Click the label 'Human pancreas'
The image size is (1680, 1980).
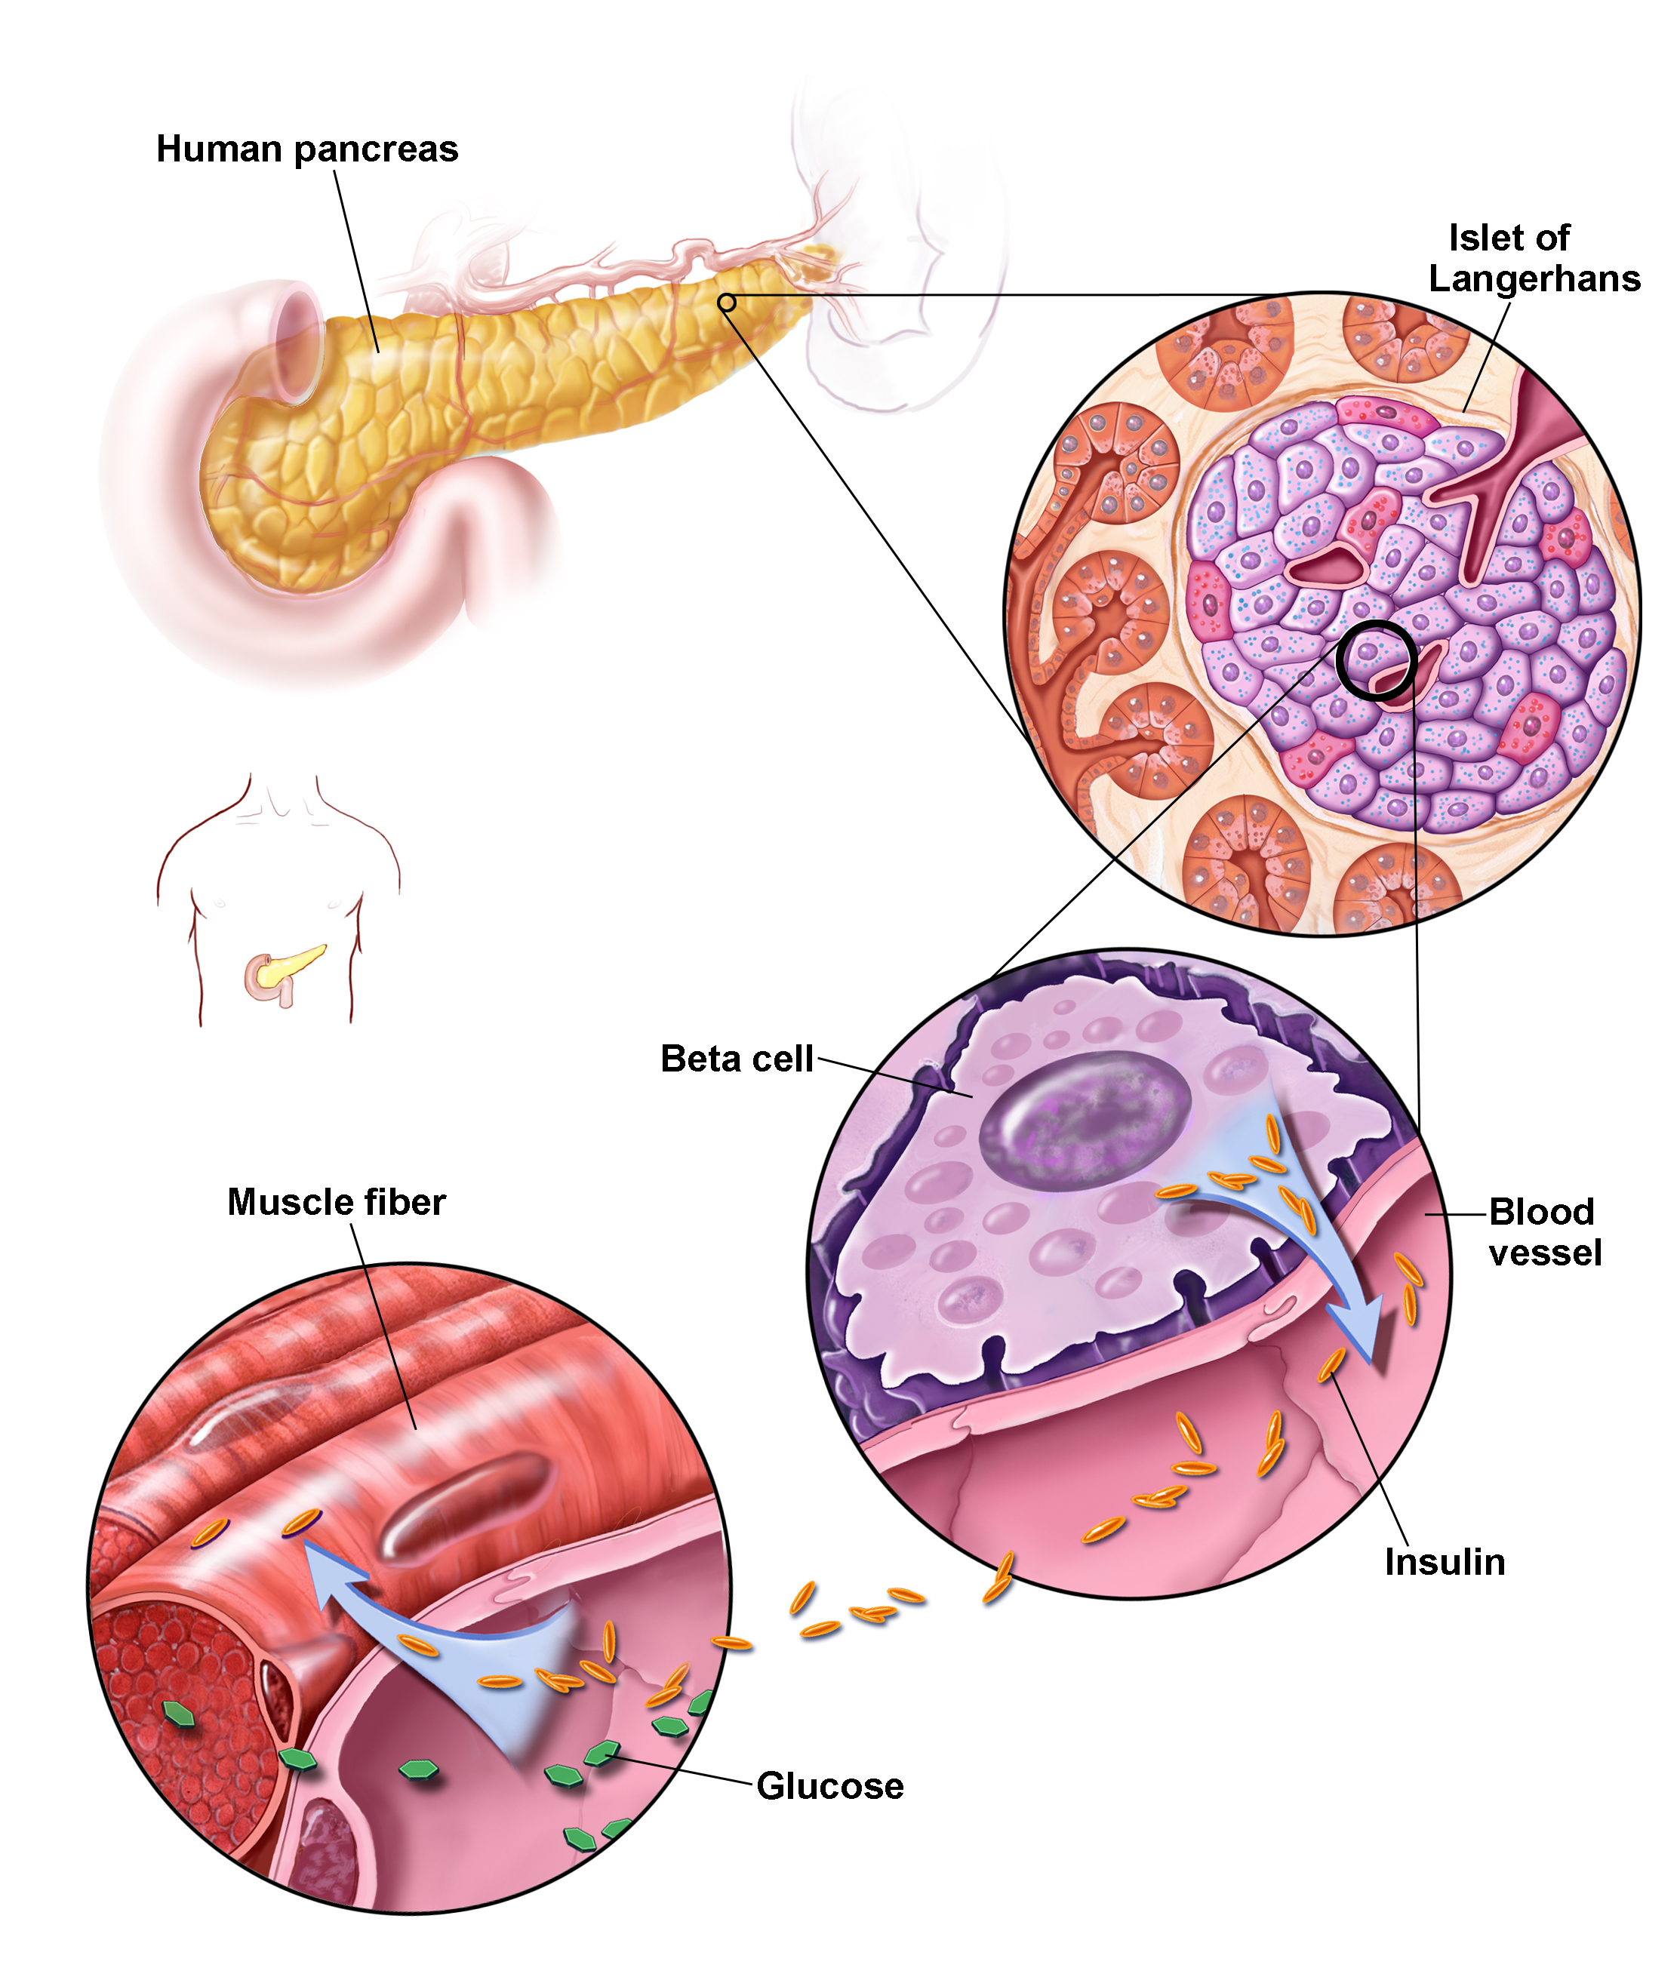[x=306, y=149]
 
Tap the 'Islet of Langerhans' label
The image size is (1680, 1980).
[x=1534, y=258]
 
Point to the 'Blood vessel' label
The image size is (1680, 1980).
[x=1545, y=1231]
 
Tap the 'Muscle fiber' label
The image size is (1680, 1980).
[x=336, y=1202]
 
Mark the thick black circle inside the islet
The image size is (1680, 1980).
[x=1375, y=660]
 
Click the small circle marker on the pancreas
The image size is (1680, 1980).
[x=727, y=303]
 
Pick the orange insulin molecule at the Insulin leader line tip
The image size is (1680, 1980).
[x=1331, y=1365]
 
